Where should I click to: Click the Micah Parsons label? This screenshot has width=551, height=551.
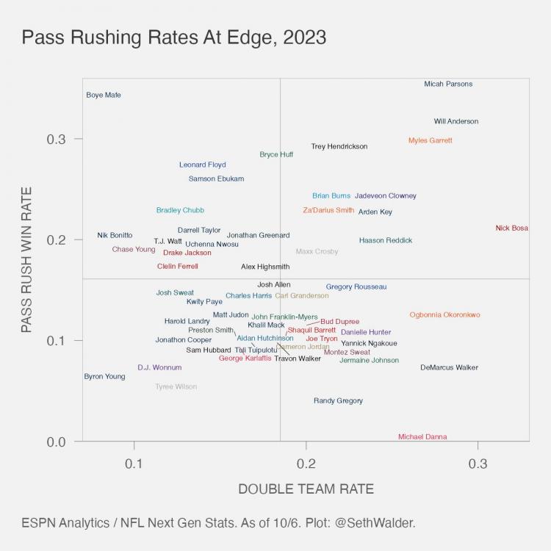point(448,84)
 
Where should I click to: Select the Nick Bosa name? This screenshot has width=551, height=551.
point(511,228)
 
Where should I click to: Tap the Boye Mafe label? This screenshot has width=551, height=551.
point(104,95)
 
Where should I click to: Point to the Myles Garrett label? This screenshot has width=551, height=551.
point(431,140)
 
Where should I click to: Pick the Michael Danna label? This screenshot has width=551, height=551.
point(422,437)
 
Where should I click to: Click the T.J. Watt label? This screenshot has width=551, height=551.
point(168,241)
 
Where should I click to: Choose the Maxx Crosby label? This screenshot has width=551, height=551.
point(317,251)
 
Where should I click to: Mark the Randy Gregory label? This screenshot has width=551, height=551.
point(338,401)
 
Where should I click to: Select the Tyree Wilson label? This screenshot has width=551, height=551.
point(176,387)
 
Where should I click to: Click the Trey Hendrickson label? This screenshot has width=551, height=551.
point(339,147)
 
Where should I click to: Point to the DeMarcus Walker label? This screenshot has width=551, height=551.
point(449,367)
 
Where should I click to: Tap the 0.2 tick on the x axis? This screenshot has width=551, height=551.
point(306,465)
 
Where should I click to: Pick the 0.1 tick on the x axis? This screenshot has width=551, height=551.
point(134,465)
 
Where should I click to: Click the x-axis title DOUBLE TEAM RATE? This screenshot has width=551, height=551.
point(306,489)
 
